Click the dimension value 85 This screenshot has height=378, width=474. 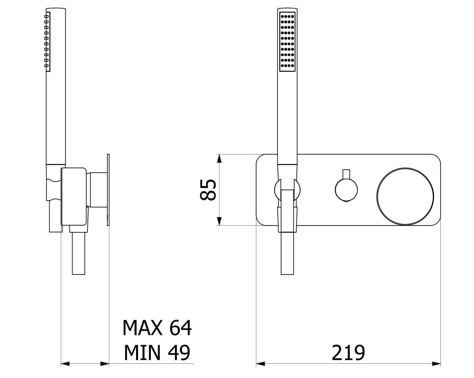[x=208, y=190]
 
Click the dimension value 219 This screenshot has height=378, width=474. [x=348, y=353]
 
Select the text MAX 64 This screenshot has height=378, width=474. [x=157, y=328]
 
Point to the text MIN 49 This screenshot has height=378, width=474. [x=157, y=353]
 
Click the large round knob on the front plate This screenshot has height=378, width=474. [x=405, y=196]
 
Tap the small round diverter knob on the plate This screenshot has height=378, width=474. [x=346, y=190]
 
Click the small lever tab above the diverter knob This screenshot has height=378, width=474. [x=346, y=174]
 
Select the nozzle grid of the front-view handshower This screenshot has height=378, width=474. [x=287, y=41]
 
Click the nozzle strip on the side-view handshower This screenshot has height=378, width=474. [x=47, y=41]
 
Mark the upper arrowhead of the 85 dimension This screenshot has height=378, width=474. [x=219, y=159]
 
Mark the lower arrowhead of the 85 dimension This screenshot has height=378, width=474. [x=219, y=221]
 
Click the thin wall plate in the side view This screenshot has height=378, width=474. [x=108, y=190]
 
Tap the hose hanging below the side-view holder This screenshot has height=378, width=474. [x=79, y=253]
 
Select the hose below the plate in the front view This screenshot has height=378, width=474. [x=287, y=253]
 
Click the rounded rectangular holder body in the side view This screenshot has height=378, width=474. [x=74, y=197]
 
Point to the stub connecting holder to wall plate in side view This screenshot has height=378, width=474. [x=99, y=190]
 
